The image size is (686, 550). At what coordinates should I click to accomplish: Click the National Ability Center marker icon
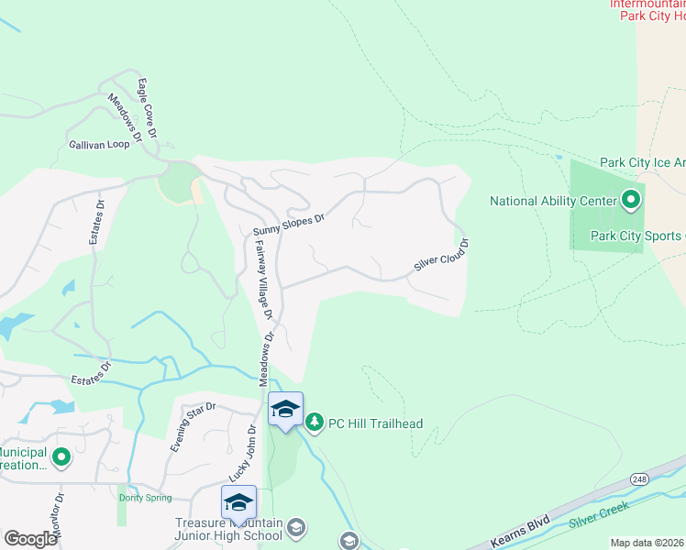point(631,199)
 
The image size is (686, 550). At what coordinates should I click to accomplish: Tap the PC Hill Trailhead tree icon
point(315,423)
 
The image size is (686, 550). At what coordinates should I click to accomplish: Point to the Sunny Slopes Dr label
point(290,224)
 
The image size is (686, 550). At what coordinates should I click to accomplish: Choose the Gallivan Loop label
point(99,145)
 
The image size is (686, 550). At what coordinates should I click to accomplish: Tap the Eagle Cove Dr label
point(147,108)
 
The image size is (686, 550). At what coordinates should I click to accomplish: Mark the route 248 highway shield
point(638,480)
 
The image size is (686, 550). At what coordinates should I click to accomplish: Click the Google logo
point(29,539)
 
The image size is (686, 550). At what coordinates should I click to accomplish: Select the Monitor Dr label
point(58,518)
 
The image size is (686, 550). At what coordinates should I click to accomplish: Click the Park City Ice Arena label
point(642,162)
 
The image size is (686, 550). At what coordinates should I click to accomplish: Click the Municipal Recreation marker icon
point(61,456)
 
